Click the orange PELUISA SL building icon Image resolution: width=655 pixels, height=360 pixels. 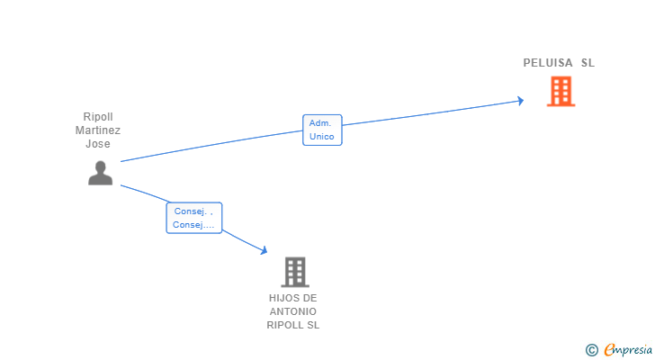[x=561, y=91]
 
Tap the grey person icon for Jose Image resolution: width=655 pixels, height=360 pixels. [x=100, y=173]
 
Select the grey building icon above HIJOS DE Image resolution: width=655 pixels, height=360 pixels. [x=294, y=272]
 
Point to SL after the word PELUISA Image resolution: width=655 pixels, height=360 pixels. [x=588, y=63]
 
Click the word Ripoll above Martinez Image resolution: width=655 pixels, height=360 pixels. [x=98, y=117]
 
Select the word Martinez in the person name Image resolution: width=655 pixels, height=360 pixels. [x=98, y=130]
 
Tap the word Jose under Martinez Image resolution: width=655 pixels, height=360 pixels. [x=98, y=144]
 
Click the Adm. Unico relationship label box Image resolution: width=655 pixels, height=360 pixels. [x=322, y=130]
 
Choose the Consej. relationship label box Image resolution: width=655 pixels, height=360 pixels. [x=193, y=218]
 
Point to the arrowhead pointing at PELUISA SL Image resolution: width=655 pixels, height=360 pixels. [x=519, y=101]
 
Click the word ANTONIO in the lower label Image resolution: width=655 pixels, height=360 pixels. [x=293, y=311]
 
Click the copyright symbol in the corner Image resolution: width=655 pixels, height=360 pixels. [x=591, y=350]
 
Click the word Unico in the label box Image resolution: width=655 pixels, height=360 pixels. [x=322, y=137]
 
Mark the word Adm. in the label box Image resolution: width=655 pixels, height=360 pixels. [x=320, y=122]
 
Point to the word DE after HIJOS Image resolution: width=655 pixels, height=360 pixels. [x=310, y=298]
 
